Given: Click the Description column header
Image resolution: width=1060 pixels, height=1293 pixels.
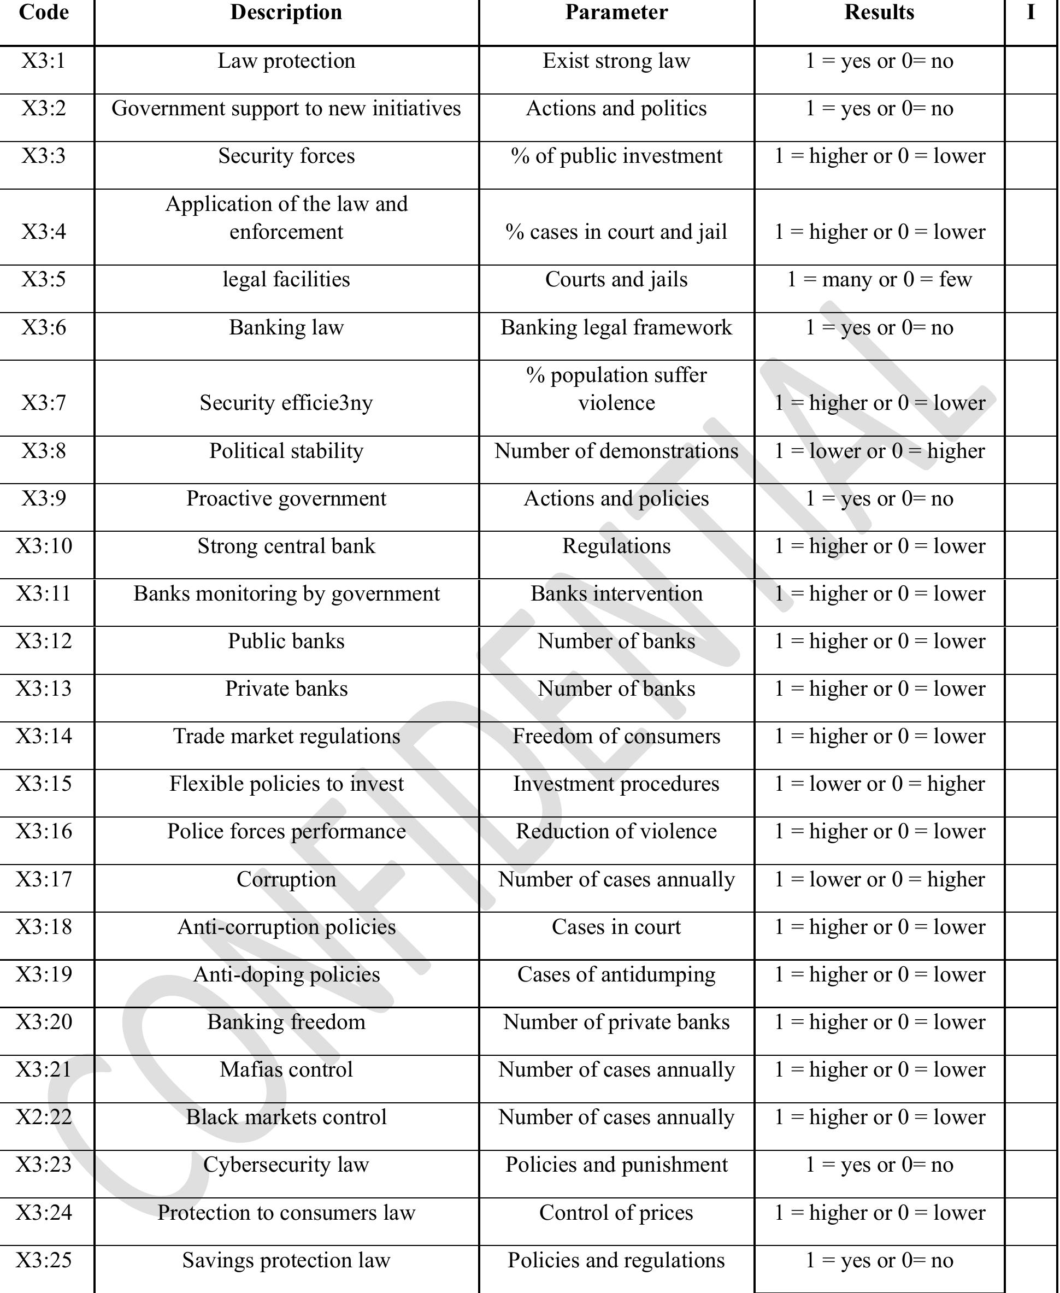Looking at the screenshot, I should click(286, 13).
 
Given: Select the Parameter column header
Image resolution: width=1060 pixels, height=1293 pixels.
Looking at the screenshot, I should click(616, 13).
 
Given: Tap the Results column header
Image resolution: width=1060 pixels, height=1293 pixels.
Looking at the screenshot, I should click(879, 13).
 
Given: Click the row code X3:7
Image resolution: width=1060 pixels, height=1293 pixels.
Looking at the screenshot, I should click(43, 403).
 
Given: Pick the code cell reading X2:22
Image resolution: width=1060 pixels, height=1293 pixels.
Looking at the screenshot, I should click(43, 1117).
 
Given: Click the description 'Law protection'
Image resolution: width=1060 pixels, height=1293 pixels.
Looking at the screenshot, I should click(286, 61).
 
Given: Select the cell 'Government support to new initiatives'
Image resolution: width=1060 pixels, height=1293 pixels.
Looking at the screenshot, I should click(286, 109).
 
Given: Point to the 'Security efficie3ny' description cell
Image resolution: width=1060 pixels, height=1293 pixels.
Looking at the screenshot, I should click(286, 403).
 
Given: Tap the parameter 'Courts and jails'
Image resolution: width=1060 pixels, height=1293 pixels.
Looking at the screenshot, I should click(616, 280).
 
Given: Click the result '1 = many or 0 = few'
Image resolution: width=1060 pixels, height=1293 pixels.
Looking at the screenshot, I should click(879, 280).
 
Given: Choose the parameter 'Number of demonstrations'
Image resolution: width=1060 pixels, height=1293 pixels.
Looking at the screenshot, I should click(616, 451).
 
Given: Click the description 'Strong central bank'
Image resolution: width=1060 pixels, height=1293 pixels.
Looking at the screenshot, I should click(286, 546).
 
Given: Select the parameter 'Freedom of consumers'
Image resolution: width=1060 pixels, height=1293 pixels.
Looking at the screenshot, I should click(616, 737).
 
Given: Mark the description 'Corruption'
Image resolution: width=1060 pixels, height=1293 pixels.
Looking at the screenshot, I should click(286, 879).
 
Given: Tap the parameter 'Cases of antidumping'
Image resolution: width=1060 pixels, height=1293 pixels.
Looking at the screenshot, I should click(616, 975).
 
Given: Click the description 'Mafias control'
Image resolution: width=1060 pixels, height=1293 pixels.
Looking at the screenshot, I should click(286, 1070).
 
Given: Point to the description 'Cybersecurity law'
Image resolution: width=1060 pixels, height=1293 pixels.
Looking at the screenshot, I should click(286, 1165).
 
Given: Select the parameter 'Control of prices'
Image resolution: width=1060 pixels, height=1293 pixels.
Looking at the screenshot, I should click(616, 1212).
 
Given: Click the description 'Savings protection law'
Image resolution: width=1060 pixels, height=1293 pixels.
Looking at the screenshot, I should click(286, 1260).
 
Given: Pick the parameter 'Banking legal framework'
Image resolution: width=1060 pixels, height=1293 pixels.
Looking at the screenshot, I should click(616, 328).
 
